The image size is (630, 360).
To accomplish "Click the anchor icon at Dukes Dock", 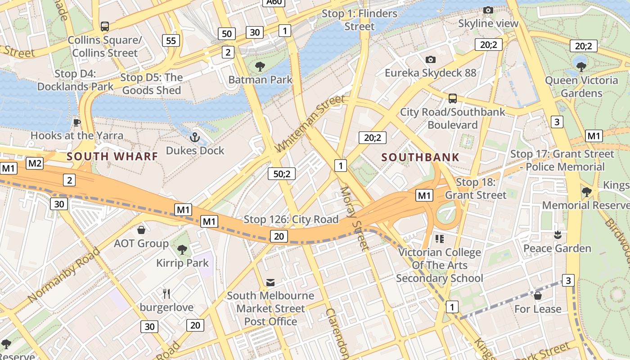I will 195,137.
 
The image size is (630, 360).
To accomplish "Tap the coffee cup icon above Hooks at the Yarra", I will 77,122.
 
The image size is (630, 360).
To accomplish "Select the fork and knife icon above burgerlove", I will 166,294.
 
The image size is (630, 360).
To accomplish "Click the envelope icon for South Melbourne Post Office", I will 270,283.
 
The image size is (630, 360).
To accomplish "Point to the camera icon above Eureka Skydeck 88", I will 430,59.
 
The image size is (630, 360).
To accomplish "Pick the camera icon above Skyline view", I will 488,10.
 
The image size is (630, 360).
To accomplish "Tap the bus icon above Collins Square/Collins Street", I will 105,27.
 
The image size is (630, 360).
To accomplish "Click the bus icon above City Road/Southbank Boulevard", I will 453,99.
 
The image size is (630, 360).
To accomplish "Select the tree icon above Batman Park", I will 260,67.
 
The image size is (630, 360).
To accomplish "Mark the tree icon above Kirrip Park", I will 182,250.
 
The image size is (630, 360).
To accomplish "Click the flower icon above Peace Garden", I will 558,235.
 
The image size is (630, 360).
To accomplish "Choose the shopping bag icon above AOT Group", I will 141,230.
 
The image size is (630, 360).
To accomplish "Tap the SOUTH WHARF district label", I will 112,157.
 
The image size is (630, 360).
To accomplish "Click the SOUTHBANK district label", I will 420,157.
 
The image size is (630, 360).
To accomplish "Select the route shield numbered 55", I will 171,40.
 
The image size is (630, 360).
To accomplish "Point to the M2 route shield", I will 35,163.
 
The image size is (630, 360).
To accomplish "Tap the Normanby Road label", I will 63,275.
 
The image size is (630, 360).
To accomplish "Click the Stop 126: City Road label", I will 291,220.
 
